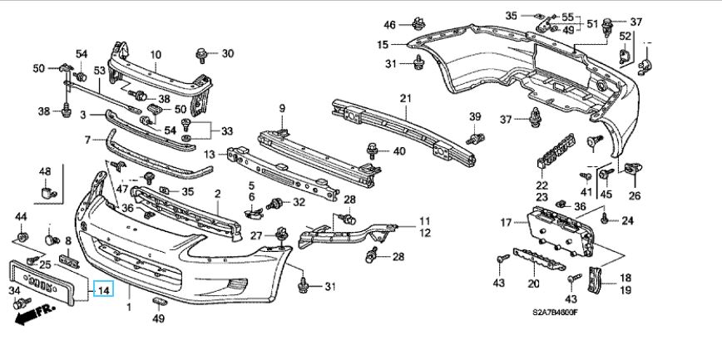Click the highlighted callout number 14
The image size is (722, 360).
(x=104, y=290)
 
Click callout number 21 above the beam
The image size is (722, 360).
(x=405, y=99)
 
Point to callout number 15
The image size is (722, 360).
(x=383, y=45)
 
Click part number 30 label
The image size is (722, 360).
(x=227, y=54)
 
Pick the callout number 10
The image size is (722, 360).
(x=155, y=55)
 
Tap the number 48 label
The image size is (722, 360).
(x=45, y=173)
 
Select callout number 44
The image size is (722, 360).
(x=21, y=217)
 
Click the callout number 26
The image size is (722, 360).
(x=635, y=196)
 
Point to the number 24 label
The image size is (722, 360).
(x=627, y=220)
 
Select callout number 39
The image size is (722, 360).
(x=475, y=116)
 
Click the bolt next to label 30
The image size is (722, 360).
(x=202, y=55)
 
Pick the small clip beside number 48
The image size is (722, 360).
(x=47, y=194)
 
